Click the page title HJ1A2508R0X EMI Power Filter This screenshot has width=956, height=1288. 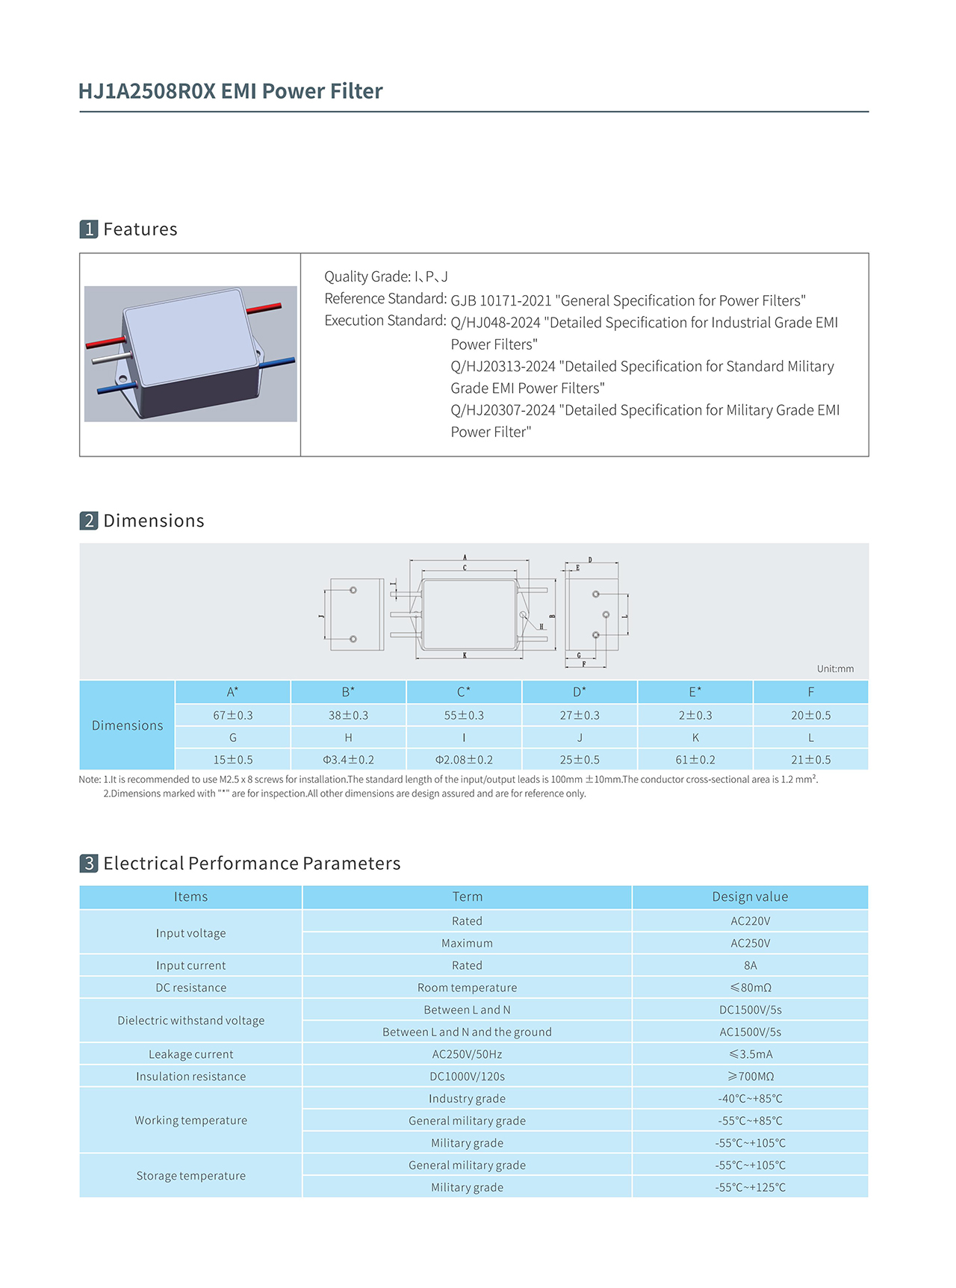click(x=230, y=91)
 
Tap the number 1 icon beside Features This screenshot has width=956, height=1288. click(x=89, y=229)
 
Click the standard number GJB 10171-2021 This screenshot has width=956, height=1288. click(x=500, y=300)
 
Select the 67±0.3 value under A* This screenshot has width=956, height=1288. click(x=233, y=715)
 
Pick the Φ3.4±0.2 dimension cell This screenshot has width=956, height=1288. click(x=348, y=760)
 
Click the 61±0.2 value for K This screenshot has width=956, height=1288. click(x=695, y=760)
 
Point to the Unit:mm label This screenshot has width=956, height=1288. click(x=835, y=669)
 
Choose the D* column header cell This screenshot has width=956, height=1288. click(x=580, y=692)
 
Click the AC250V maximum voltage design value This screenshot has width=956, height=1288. click(x=750, y=943)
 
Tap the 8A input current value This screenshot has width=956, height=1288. click(x=750, y=965)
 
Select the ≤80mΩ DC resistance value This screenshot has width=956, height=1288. click(x=750, y=988)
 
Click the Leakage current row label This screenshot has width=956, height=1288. click(x=190, y=1054)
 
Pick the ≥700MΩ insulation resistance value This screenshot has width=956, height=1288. click(x=750, y=1077)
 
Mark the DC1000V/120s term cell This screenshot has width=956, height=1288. click(x=467, y=1077)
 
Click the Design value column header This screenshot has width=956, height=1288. click(x=750, y=897)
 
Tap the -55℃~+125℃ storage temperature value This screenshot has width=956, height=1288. click(x=750, y=1187)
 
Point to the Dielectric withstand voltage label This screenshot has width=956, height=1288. click(x=190, y=1021)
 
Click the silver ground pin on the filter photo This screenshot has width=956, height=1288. click(x=110, y=359)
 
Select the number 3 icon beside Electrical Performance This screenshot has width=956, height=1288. click(x=89, y=864)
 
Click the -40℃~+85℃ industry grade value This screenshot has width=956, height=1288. click(x=750, y=1098)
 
